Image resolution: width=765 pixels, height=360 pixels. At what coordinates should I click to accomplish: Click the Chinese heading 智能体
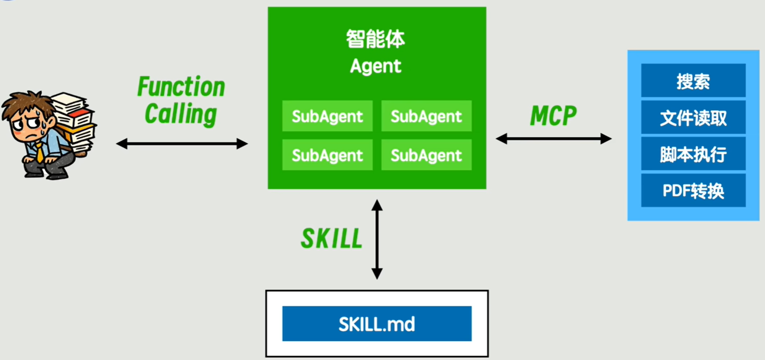click(376, 39)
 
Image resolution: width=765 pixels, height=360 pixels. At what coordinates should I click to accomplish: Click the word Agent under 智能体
click(376, 66)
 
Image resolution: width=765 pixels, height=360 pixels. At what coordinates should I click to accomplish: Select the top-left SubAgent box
click(327, 116)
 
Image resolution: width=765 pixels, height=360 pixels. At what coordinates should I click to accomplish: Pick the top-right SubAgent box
click(426, 116)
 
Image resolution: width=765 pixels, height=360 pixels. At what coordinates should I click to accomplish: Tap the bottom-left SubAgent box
click(327, 155)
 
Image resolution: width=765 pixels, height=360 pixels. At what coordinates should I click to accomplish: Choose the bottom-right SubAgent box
click(426, 155)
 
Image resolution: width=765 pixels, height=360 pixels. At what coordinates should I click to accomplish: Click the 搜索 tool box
click(693, 81)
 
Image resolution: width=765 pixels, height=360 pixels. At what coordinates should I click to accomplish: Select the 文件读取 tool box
click(693, 118)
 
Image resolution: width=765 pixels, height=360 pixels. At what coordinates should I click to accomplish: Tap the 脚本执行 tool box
click(693, 154)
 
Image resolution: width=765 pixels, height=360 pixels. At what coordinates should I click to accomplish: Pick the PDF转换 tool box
click(693, 191)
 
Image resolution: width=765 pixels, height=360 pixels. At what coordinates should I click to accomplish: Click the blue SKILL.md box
click(377, 324)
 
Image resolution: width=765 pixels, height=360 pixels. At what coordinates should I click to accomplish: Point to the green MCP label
click(553, 116)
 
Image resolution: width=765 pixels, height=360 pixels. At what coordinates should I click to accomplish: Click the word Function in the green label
click(181, 87)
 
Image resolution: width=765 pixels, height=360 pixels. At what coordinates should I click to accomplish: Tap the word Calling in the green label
click(181, 114)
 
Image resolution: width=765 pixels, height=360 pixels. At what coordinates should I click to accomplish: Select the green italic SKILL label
click(331, 238)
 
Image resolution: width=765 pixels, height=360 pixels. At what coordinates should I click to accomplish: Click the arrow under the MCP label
click(553, 139)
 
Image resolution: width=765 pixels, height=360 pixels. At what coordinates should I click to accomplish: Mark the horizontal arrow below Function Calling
click(182, 143)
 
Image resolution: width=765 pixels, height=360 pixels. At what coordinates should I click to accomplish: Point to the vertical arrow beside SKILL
click(377, 239)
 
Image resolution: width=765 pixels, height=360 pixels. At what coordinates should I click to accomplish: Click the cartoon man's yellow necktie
click(40, 152)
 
